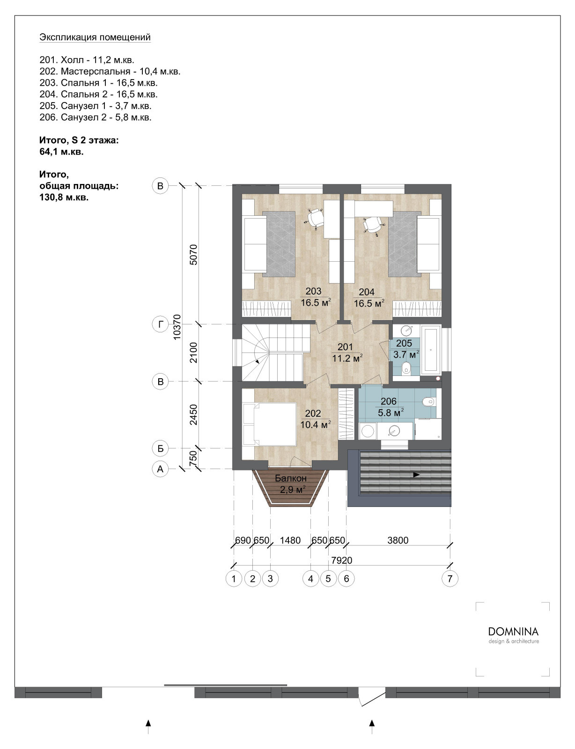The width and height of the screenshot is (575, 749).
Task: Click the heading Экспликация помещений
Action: (95, 37)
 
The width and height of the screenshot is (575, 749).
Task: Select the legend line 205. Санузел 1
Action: (96, 106)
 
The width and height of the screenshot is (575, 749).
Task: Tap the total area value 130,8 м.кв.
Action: (64, 198)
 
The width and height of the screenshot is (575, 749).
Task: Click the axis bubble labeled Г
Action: (160, 324)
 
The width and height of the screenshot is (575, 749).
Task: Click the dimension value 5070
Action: (194, 255)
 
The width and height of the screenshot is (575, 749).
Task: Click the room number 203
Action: (313, 291)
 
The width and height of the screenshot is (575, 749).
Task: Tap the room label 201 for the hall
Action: (345, 347)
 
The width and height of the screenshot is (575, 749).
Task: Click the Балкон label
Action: (291, 478)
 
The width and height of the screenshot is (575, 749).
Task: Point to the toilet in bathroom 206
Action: (429, 402)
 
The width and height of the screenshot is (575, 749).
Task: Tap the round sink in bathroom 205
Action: (407, 330)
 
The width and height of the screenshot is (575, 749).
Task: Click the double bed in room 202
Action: (270, 424)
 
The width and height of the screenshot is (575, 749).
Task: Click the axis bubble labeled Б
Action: (160, 448)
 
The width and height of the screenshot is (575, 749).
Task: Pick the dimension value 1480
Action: (290, 540)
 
